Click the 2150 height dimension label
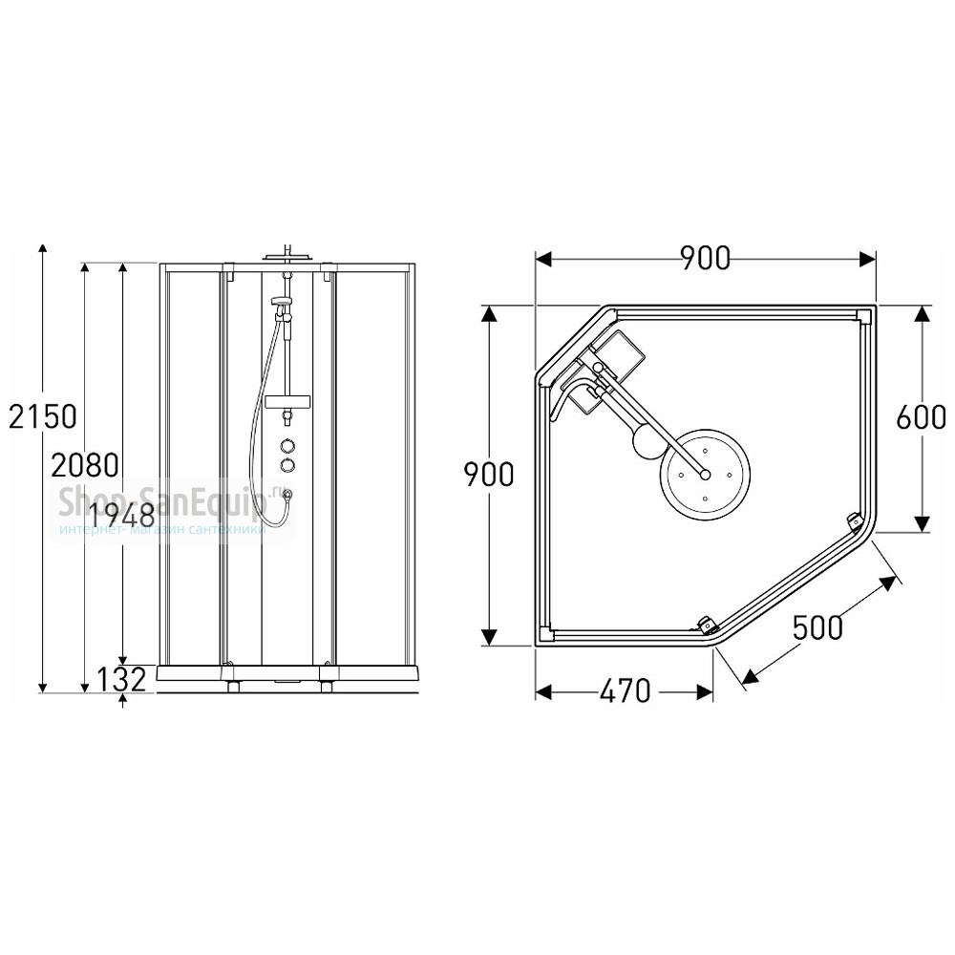point(43,416)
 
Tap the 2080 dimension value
point(85,466)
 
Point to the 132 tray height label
point(122,680)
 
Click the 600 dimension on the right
point(922,417)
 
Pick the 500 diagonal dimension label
point(818,626)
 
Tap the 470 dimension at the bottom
point(625,690)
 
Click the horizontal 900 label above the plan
point(705,258)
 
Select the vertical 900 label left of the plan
point(489,475)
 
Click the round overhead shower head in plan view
point(706,474)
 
